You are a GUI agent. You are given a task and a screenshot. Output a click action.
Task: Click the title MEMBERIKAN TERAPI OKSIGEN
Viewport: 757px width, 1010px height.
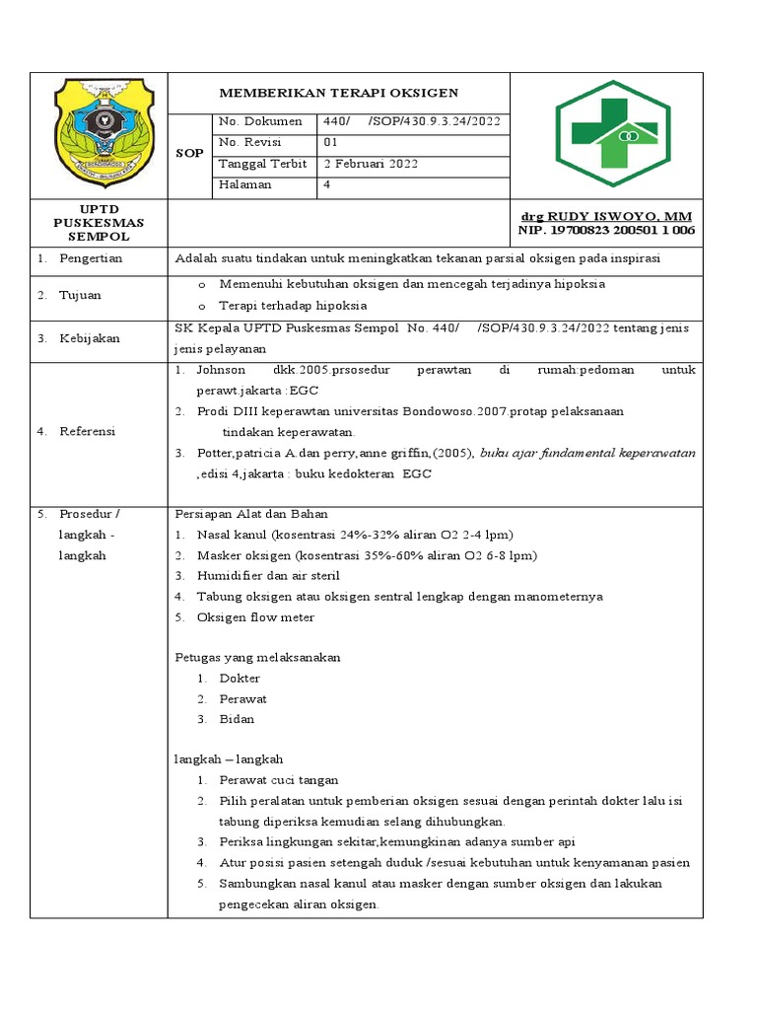338,93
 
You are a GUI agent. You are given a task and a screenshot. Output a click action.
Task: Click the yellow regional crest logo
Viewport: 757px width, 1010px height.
100,133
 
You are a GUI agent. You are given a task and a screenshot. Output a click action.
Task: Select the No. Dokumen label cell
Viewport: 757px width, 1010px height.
260,121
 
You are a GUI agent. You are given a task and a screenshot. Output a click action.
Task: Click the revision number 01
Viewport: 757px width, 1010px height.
331,142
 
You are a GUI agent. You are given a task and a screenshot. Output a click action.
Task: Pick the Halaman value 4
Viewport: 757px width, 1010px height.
327,184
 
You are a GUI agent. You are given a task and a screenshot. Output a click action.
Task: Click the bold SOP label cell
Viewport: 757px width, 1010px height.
189,153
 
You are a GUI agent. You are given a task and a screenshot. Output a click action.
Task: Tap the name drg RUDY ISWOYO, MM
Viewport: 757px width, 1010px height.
606,216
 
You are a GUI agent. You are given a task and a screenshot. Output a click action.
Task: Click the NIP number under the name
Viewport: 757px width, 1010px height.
606,230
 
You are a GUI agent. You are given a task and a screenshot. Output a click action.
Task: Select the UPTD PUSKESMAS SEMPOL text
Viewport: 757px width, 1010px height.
99,223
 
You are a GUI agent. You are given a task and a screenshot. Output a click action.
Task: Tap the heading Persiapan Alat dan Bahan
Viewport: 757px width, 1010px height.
250,514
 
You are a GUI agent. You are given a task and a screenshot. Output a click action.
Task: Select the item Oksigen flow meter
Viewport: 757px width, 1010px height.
255,617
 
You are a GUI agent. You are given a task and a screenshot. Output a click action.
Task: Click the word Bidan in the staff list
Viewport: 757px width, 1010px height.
237,719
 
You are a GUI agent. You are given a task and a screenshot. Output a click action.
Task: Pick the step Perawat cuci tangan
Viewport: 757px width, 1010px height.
279,780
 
